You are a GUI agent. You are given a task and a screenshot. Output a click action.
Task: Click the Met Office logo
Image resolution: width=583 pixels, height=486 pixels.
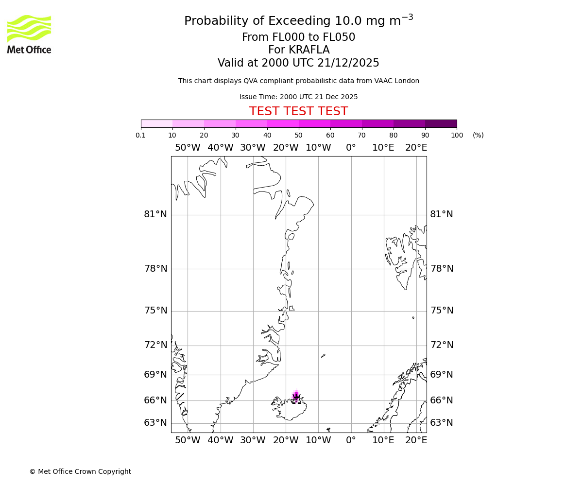[x=29, y=34]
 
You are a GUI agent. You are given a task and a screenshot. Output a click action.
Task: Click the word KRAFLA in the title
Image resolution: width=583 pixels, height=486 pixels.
[x=309, y=50]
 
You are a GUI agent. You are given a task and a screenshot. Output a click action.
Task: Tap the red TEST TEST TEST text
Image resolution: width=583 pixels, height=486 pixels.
[x=298, y=111]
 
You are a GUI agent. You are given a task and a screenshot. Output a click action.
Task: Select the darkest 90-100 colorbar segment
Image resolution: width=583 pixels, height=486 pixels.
[x=441, y=123]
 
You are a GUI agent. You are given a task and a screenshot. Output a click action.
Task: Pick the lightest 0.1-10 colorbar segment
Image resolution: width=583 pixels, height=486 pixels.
[x=156, y=123]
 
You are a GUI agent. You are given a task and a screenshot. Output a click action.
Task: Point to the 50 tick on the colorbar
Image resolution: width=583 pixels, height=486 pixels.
[x=298, y=135]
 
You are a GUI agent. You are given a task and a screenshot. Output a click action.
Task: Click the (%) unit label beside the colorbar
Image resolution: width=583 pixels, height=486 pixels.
[x=478, y=135]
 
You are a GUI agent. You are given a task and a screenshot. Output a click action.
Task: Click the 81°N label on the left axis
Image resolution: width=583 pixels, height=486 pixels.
[x=155, y=214]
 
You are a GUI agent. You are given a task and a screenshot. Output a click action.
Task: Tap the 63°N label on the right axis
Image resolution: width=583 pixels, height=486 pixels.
[x=442, y=423]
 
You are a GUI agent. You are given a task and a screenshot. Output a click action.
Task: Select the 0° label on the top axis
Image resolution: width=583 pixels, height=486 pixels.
[x=351, y=148]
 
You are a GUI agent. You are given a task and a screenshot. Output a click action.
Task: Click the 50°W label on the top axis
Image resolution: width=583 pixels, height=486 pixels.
[x=188, y=148]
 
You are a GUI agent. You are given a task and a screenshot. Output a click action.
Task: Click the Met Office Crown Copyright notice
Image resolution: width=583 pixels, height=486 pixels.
[x=80, y=471]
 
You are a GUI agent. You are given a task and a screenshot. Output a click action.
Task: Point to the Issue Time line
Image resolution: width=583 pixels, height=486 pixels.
[x=298, y=97]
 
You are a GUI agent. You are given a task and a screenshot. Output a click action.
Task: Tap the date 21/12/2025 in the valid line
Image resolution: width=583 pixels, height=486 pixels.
[x=348, y=63]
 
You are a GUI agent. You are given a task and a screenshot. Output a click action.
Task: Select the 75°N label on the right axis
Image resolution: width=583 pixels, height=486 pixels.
[x=442, y=311]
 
